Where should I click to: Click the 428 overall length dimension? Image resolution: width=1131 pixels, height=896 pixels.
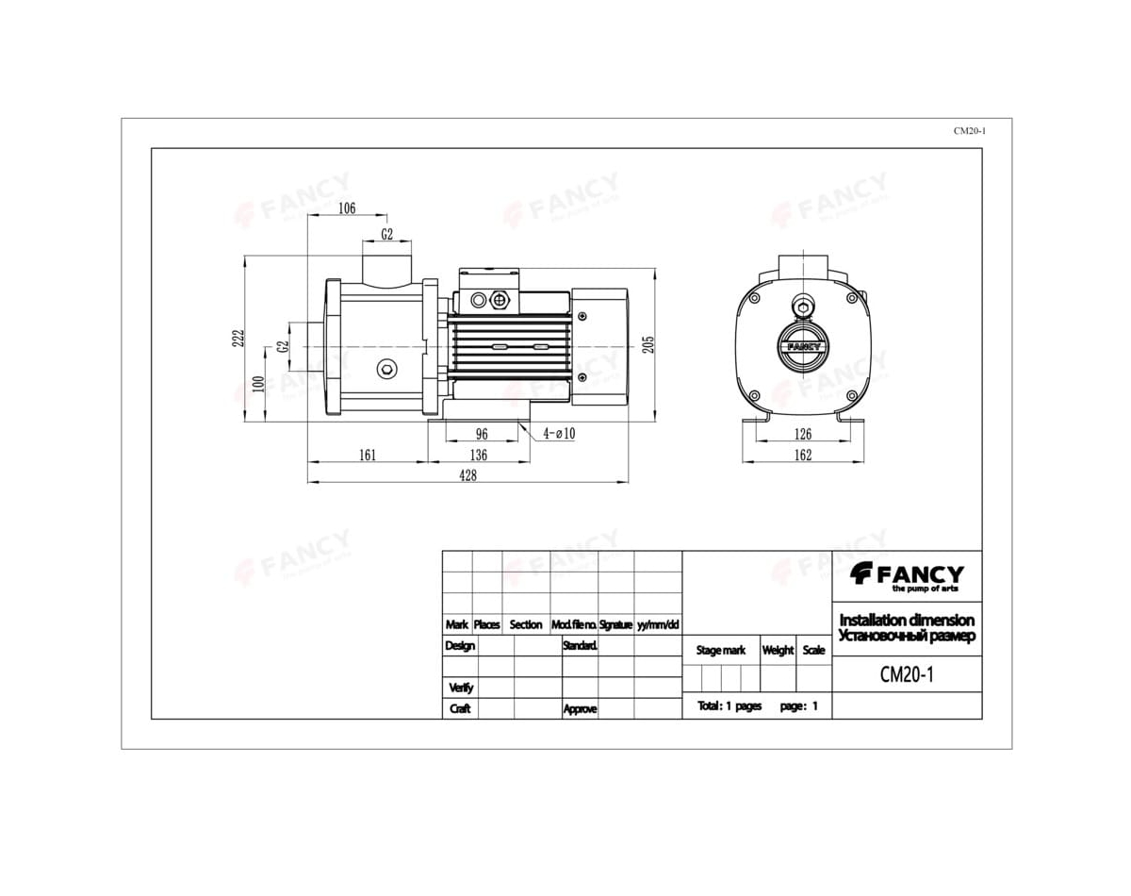pyautogui.click(x=467, y=475)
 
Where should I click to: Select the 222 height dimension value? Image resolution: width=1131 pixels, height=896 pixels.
pyautogui.click(x=238, y=339)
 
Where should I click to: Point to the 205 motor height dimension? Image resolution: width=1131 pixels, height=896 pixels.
pyautogui.click(x=648, y=344)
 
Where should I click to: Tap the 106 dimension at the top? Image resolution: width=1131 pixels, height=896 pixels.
pyautogui.click(x=347, y=208)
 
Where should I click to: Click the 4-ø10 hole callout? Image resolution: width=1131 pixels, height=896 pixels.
pyautogui.click(x=559, y=434)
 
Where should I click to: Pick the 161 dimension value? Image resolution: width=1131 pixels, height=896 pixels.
pyautogui.click(x=368, y=456)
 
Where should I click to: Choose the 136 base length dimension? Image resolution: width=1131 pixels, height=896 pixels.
pyautogui.click(x=478, y=456)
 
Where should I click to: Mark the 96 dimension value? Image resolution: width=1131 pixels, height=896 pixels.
pyautogui.click(x=482, y=434)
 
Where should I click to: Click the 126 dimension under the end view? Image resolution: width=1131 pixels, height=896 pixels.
pyautogui.click(x=802, y=434)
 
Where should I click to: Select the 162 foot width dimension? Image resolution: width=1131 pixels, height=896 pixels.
pyautogui.click(x=802, y=456)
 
